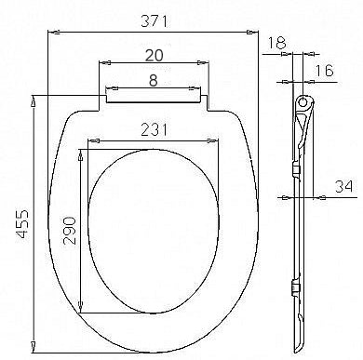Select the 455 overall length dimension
tap(20, 223)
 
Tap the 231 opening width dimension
tap(154, 132)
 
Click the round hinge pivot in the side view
tap(304, 100)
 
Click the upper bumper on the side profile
tap(296, 172)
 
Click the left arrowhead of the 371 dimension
tap(49, 31)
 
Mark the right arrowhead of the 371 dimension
tap(258, 31)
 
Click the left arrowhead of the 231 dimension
tap(88, 144)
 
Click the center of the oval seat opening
tap(155, 231)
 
